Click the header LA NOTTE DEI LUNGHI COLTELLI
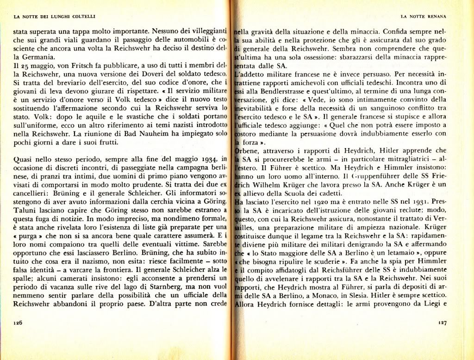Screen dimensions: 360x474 click(55, 17)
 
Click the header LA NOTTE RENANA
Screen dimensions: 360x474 click(423, 17)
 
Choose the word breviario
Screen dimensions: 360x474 click(66, 83)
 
